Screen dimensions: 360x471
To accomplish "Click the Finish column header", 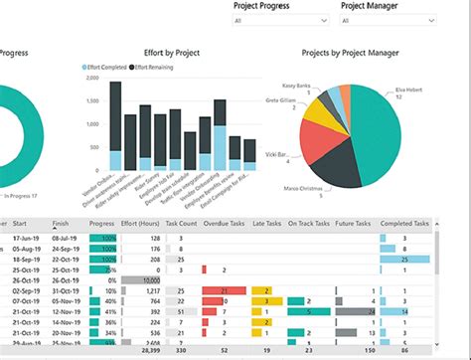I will (60, 225).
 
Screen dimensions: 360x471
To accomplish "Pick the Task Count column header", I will (182, 225).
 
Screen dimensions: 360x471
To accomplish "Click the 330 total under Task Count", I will (180, 351).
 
